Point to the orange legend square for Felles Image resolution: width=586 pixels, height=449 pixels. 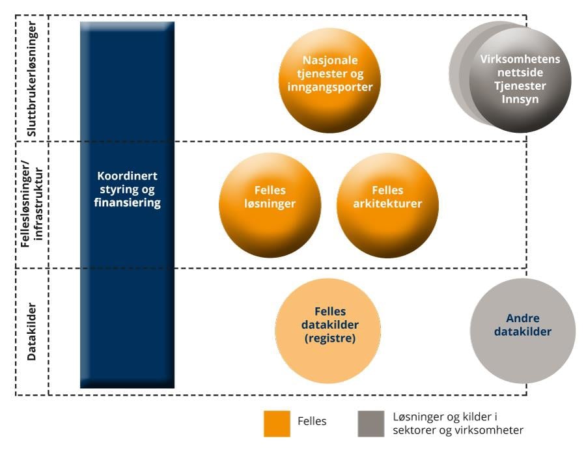coord(277,422)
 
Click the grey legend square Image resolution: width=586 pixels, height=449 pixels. coord(370,422)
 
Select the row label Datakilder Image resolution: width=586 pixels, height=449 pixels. coord(31,331)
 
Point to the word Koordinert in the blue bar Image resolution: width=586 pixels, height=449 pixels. coord(128,176)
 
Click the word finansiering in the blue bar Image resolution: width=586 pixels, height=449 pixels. coord(128,202)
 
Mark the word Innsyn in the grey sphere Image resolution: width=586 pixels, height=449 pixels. coord(520,99)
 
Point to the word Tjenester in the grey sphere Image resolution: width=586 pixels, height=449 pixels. coord(520,86)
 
